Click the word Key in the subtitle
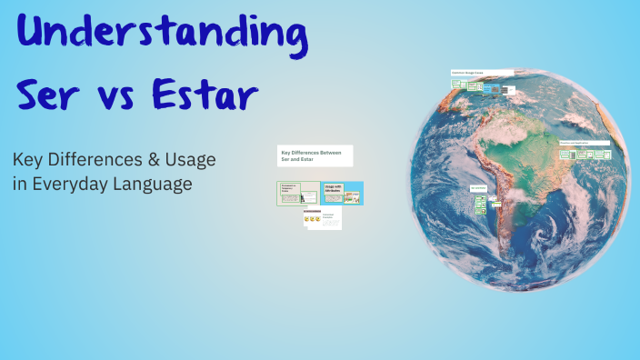pos(29,160)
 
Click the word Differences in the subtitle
pos(95,160)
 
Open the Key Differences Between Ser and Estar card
pos(315,156)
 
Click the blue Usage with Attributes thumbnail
pos(342,192)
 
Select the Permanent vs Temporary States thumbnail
pos(298,193)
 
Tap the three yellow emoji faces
pos(313,219)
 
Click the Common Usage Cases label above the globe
pos(482,72)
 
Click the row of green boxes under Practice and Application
pos(584,155)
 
